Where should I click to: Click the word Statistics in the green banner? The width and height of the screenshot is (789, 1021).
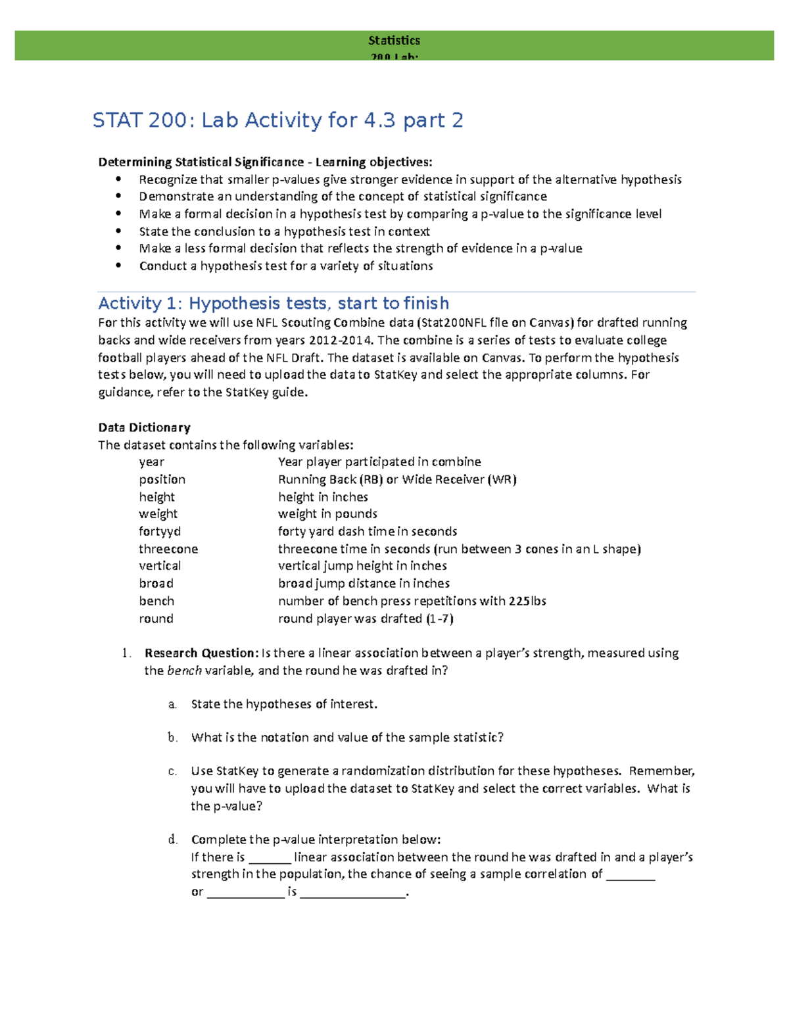coord(394,40)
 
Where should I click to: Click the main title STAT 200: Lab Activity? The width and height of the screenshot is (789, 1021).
coord(277,120)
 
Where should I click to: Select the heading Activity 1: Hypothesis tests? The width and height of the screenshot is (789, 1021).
coord(274,303)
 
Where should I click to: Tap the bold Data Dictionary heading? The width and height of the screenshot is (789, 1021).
coord(144,427)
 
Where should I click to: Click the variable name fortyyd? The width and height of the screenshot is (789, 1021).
coord(160,531)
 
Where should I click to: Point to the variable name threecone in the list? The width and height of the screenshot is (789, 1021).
coord(168,549)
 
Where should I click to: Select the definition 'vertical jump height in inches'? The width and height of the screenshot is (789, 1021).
coord(362,566)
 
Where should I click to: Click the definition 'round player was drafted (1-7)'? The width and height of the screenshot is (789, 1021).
coord(366,619)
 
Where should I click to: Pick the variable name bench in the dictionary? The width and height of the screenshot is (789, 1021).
coord(156,601)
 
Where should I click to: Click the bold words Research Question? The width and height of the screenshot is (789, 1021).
coord(201,653)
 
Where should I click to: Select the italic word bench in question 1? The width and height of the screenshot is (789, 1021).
coord(184,671)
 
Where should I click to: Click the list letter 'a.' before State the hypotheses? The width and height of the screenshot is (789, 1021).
coord(172,704)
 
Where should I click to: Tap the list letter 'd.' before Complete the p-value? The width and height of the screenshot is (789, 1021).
coord(172,840)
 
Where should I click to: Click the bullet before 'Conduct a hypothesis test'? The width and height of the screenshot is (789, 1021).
coord(118,266)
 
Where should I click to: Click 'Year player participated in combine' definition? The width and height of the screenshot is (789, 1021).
coord(379,462)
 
